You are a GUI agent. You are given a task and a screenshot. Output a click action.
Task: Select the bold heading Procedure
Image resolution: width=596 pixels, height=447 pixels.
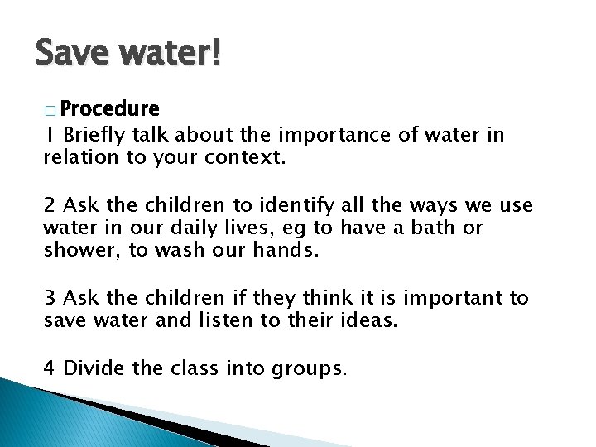coord(110,109)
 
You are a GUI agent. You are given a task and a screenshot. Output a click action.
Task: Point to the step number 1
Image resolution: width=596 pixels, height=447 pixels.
coord(49,136)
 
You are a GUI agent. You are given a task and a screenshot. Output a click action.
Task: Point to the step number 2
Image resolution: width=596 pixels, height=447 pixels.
coord(50,204)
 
